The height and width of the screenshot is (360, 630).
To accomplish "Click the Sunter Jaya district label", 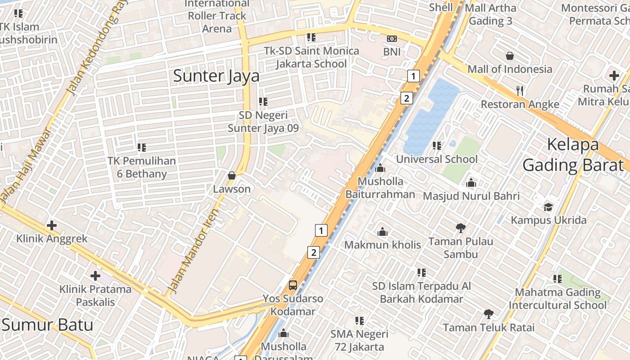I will (x=216, y=76).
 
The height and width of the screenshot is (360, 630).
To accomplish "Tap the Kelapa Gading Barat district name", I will (x=573, y=155).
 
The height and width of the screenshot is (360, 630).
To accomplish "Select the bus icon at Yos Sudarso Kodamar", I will (x=292, y=285).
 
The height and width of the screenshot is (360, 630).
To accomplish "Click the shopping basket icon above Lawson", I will (x=232, y=175).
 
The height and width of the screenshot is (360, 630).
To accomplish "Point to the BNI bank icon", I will (x=391, y=39).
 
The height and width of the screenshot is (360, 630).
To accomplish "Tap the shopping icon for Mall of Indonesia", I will (x=510, y=56).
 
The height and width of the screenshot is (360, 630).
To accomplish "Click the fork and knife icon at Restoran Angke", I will (x=520, y=91).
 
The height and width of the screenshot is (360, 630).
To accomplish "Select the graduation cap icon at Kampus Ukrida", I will (x=548, y=207).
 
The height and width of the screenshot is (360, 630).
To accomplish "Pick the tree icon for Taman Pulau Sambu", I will (x=460, y=228).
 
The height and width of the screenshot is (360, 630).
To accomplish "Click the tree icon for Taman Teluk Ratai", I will (x=489, y=314).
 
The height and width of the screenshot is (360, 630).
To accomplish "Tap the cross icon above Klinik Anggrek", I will (x=52, y=225).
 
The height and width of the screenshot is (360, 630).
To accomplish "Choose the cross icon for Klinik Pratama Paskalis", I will (x=95, y=275).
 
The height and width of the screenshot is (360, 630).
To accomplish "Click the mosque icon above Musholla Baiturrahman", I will (x=380, y=168).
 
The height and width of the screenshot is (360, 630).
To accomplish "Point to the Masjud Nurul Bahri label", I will (x=471, y=196).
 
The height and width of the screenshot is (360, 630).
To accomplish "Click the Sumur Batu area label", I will (x=47, y=324).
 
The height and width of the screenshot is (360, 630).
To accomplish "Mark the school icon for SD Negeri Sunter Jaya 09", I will (x=263, y=102).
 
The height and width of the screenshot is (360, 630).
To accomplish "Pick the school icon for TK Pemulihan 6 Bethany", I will (x=142, y=147).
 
